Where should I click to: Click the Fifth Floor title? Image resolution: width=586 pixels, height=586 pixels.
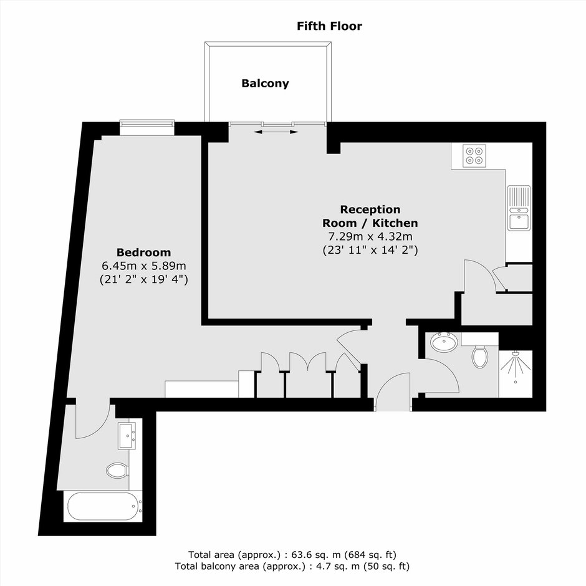(329, 26)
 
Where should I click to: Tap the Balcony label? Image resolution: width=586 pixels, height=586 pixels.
(265, 84)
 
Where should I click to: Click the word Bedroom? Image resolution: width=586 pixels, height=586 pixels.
(143, 252)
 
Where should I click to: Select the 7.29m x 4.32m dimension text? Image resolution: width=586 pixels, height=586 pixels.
(370, 236)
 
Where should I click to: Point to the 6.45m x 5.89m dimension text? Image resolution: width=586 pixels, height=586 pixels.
(143, 266)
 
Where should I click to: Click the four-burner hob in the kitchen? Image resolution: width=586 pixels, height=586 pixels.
(474, 155)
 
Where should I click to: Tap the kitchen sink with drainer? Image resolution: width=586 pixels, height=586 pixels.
(519, 208)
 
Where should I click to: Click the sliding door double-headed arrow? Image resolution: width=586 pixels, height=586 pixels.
(276, 132)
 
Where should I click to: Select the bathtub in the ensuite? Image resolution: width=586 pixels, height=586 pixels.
(103, 506)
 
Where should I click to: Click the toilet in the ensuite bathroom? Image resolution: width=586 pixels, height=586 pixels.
(117, 471)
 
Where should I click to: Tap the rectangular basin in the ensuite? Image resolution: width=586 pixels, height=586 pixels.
(127, 436)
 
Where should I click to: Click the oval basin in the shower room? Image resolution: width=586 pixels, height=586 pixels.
(444, 342)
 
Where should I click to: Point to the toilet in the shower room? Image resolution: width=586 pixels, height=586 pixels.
(480, 356)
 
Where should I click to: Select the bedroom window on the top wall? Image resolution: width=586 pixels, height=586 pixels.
(147, 127)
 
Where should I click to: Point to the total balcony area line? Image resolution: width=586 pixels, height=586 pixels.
(292, 567)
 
